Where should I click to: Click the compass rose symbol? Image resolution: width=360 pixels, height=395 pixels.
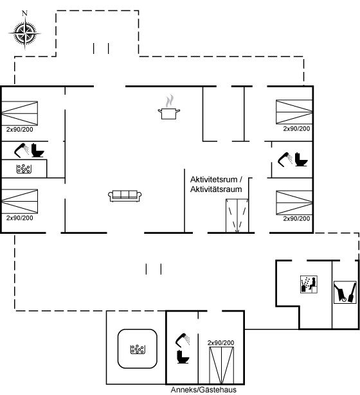coord(24,33)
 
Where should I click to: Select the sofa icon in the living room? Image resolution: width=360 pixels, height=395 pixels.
coord(125,196)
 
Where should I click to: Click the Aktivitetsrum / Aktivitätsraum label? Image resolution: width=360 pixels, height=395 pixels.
coord(216,184)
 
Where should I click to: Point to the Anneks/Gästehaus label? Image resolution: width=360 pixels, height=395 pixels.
coord(203,389)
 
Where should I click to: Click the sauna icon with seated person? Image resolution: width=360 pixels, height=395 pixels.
coord(309,285)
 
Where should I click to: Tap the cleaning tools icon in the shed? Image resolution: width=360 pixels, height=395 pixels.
coord(345,292)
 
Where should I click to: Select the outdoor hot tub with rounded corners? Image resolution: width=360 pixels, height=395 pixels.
coord(138,349)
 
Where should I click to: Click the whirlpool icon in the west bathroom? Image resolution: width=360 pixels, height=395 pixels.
coord(24,169)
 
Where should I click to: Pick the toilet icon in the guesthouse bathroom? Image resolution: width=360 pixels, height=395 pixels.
coord(183,356)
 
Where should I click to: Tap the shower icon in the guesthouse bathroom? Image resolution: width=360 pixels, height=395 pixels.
coord(183,340)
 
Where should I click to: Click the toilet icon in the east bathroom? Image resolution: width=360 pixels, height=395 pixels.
coord(301,159)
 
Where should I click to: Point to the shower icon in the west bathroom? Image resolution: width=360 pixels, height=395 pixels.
coord(21,151)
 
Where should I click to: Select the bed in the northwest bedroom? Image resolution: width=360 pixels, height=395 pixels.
coord(20,113)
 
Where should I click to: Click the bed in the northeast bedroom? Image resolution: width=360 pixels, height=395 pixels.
coord(294,112)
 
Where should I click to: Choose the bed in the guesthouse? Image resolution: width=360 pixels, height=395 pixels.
coord(222,365)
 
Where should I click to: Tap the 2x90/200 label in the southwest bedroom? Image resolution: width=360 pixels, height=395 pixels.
coord(20,218)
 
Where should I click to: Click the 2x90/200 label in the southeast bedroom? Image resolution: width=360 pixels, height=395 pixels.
coord(296,218)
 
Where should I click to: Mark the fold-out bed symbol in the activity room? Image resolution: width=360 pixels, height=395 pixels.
coord(237,216)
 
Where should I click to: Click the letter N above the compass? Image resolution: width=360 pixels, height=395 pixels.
coord(24,13)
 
